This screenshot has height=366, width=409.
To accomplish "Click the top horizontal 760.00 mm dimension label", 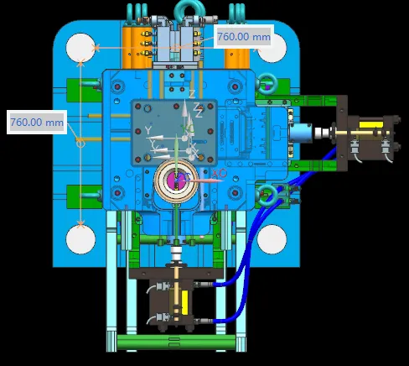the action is pyautogui.click(x=244, y=37).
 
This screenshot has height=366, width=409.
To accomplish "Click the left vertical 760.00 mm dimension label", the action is pyautogui.click(x=37, y=123).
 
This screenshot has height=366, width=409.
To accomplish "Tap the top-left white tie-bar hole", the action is pyautogui.click(x=80, y=48).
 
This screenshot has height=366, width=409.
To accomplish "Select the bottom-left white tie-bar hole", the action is pyautogui.click(x=80, y=239).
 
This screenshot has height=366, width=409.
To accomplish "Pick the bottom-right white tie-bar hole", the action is pyautogui.click(x=272, y=239).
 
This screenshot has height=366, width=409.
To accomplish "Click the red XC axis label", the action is pyautogui.click(x=220, y=173).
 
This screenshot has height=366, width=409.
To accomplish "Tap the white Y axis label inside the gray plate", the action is pyautogui.click(x=148, y=130).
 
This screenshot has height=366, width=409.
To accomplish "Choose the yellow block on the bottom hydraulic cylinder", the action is pyautogui.click(x=184, y=302).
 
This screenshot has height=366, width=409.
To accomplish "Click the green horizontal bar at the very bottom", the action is pyautogui.click(x=176, y=342).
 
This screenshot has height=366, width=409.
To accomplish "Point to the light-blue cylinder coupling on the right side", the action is pyautogui.click(x=301, y=133).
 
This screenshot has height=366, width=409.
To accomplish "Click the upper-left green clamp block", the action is pyautogui.click(x=84, y=90).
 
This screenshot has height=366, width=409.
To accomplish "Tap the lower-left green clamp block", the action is pyautogui.click(x=84, y=196).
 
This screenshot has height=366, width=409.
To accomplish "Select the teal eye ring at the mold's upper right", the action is pyautogui.click(x=267, y=83).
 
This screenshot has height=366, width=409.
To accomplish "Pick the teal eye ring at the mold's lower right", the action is pyautogui.click(x=267, y=192).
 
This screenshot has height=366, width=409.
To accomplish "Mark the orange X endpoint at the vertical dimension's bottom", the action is pyautogui.click(x=80, y=224).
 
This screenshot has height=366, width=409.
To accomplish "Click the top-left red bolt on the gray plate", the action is pyautogui.click(x=137, y=107).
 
